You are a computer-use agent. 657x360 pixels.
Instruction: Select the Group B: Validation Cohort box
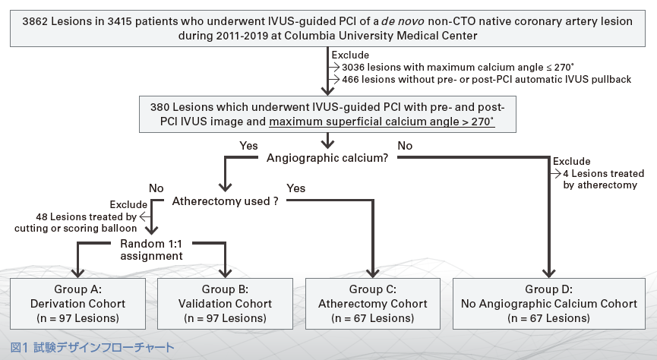coord(226,303)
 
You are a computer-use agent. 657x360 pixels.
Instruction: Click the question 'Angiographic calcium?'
coord(327,158)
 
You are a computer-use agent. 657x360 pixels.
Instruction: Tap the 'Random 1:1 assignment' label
coord(151,250)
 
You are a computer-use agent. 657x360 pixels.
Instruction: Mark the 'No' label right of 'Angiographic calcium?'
coord(405,144)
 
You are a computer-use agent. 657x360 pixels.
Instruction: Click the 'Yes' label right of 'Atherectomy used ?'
coord(297,187)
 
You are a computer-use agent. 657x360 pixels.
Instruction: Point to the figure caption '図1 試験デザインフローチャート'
coord(93,347)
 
